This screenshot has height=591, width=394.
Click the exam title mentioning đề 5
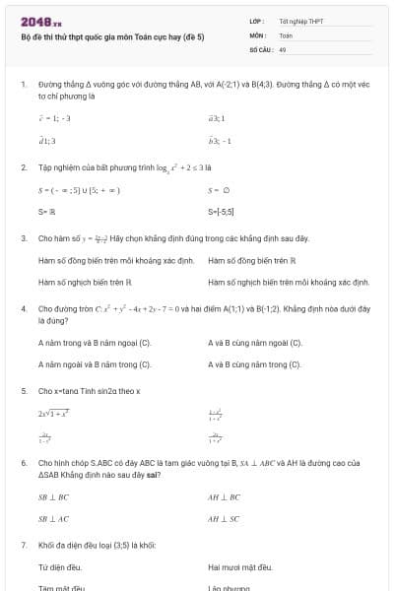[111, 36]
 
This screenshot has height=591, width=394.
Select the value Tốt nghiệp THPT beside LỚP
[301, 21]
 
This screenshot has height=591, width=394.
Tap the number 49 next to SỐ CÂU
[283, 48]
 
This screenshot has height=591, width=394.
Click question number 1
[23, 85]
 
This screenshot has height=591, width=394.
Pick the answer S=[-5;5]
[224, 212]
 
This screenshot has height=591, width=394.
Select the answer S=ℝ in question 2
[45, 212]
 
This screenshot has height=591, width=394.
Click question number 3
[23, 239]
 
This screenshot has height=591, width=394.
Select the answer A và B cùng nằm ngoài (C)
[255, 343]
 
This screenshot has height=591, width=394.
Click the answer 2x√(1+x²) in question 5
[53, 414]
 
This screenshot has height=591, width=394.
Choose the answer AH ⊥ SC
[224, 518]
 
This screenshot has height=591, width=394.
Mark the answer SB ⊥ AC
[53, 518]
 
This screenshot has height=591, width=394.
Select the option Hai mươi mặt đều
[239, 567]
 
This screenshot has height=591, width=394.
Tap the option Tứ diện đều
[59, 567]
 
